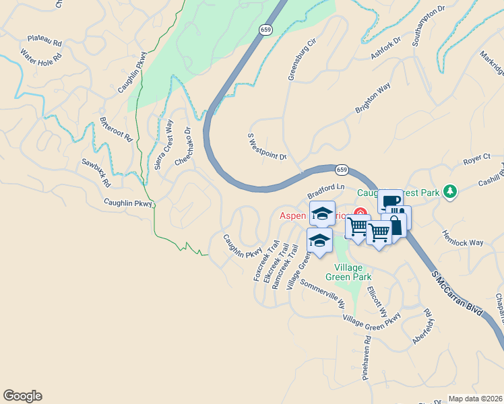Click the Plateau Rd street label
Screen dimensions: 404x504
tap(45, 41)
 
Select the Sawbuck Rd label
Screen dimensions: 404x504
tap(96, 172)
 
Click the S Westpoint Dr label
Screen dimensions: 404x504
tap(267, 146)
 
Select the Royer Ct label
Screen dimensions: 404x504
tap(476, 159)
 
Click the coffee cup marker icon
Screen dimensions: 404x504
tap(389, 201)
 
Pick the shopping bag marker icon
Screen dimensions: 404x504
tap(396, 225)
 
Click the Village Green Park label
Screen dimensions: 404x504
tap(348, 271)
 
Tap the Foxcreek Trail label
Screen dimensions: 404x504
tap(266, 261)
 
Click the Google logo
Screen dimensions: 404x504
tap(22, 396)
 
